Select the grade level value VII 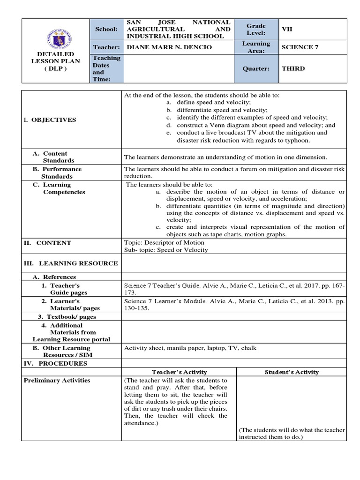[x=286, y=29]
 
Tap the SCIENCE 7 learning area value [x=300, y=47]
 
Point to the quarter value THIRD [x=293, y=68]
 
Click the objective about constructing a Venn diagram [x=255, y=125]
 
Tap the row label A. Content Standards [x=55, y=157]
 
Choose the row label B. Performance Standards [x=57, y=172]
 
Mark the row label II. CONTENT [x=47, y=243]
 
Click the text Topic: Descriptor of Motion [x=164, y=243]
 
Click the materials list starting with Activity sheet [x=190, y=348]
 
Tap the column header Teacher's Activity [x=178, y=372]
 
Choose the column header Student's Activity [x=291, y=372]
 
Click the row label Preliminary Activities [x=57, y=381]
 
